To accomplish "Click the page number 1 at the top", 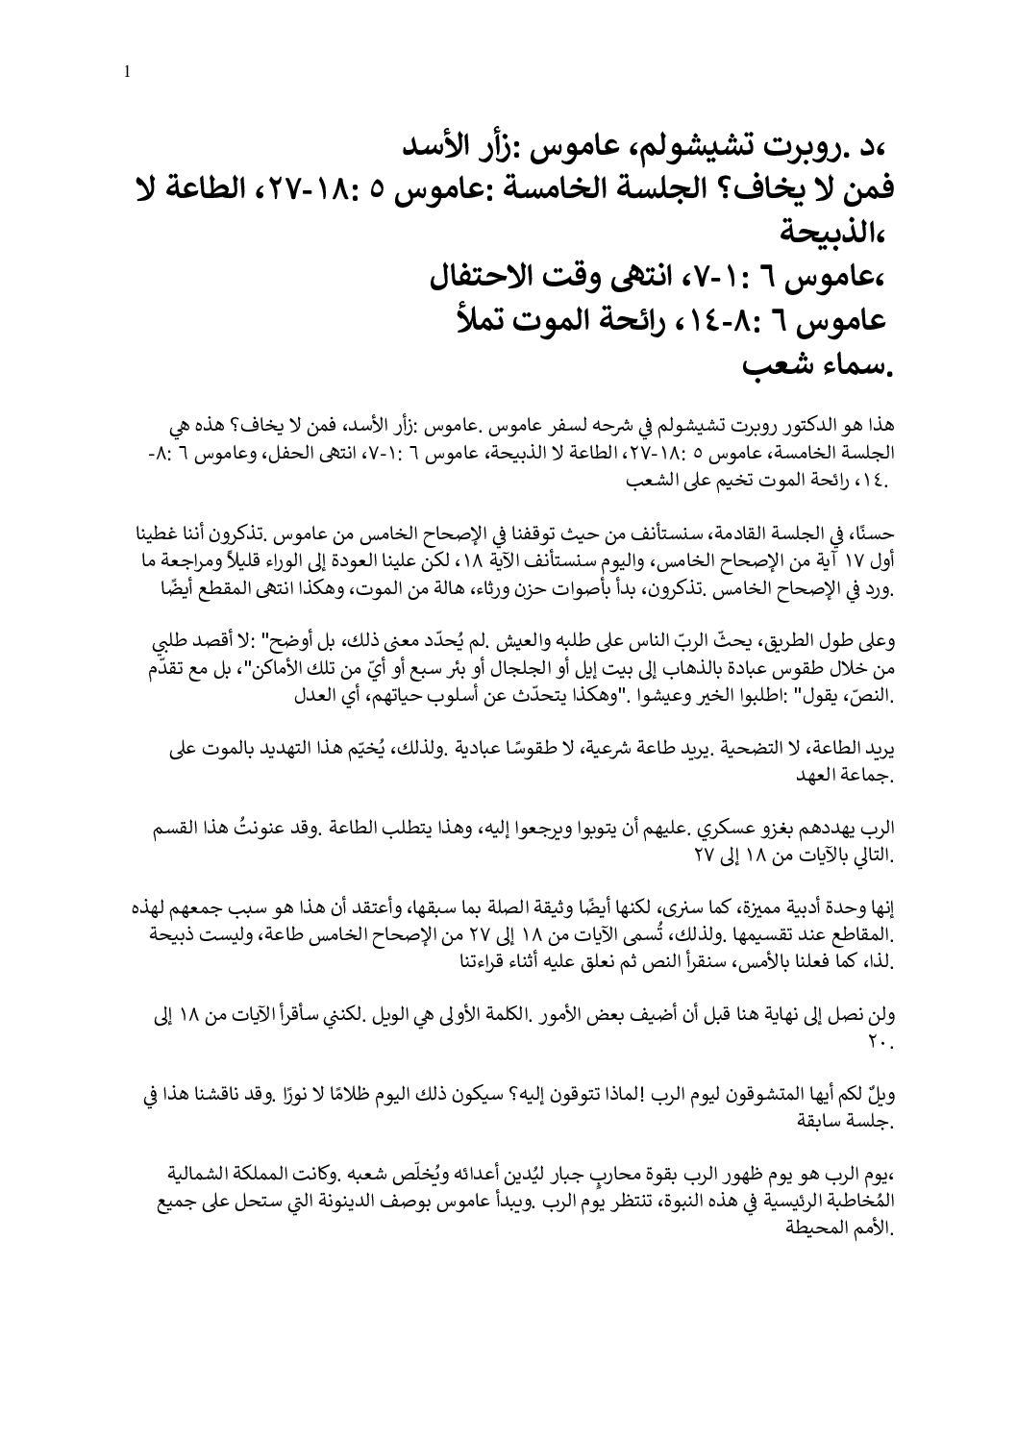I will click(x=127, y=72).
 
